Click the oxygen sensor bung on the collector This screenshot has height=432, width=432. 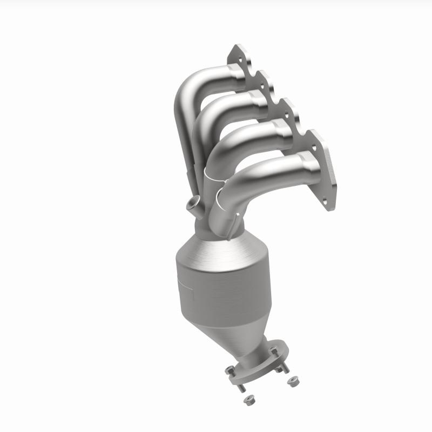(x=193, y=205)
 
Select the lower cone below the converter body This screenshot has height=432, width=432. (x=238, y=329)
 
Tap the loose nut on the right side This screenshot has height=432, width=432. (x=292, y=382)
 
